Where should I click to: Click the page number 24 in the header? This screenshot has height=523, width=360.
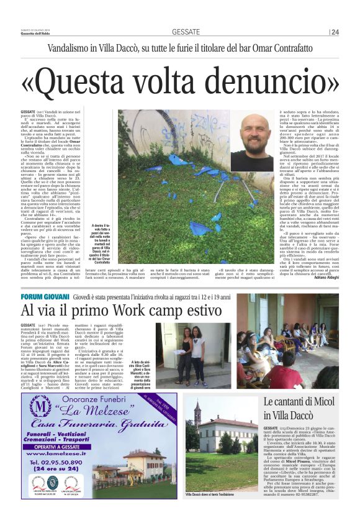[x=335, y=32]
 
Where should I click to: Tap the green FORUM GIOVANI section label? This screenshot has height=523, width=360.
[x=44, y=298]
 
